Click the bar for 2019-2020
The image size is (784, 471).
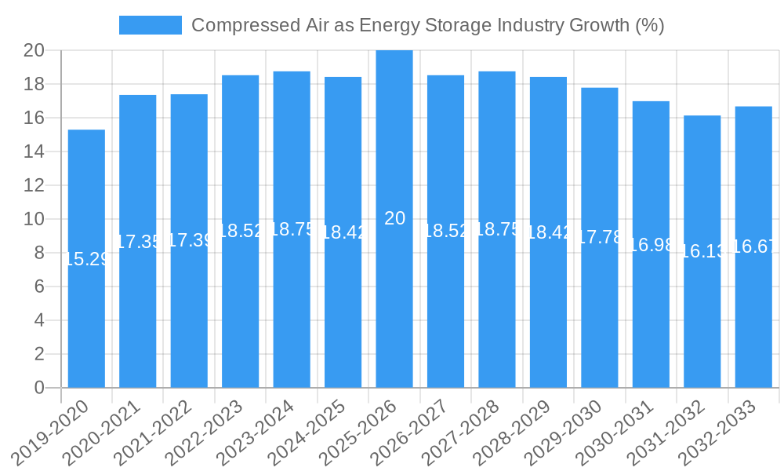pos(86,259)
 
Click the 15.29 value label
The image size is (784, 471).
pos(86,259)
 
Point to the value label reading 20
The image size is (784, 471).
pos(395,219)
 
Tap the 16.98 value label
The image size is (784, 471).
pos(651,245)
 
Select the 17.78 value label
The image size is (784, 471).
pos(600,238)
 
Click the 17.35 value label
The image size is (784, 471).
pos(138,242)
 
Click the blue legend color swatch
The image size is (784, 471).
pos(150,25)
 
